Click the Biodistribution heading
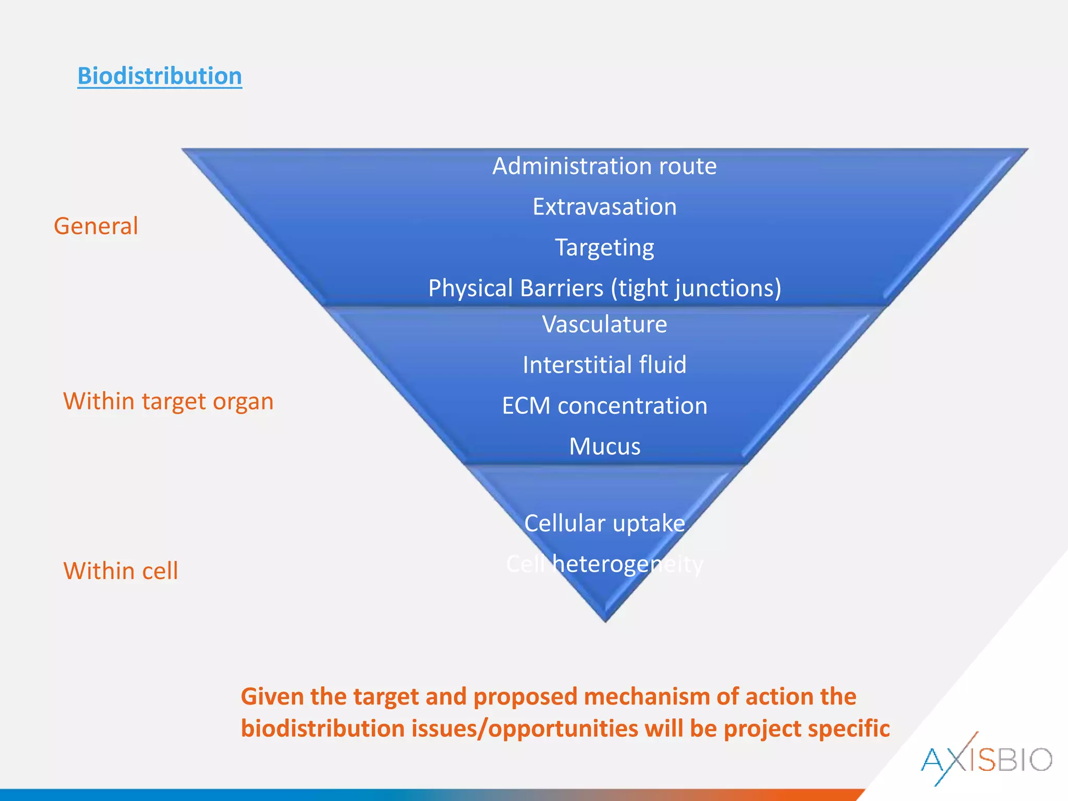(x=160, y=76)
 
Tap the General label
(x=96, y=226)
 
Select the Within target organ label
(x=168, y=402)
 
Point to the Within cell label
(x=120, y=571)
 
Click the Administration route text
(x=604, y=166)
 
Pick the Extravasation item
(x=604, y=207)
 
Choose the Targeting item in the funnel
(x=604, y=248)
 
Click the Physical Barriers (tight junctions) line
(x=604, y=288)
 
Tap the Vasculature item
(x=604, y=324)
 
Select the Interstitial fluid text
(x=604, y=365)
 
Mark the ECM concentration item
(x=604, y=406)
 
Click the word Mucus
(x=604, y=447)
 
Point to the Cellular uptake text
(x=604, y=524)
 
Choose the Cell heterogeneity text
(x=604, y=564)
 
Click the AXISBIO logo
(x=986, y=759)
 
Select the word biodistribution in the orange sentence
(x=323, y=729)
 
